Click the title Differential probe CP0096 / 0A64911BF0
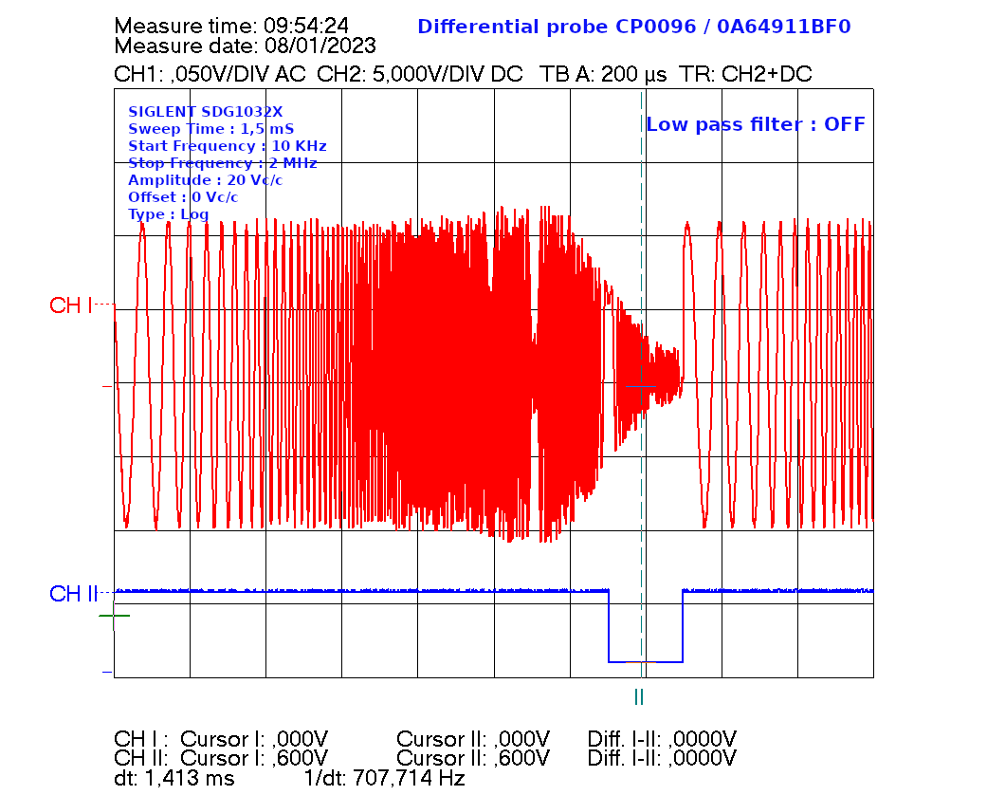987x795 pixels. [633, 27]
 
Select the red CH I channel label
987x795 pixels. [71, 305]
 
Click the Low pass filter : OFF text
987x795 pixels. [755, 124]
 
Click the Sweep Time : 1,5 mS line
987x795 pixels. [210, 128]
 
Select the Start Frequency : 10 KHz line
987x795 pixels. [227, 145]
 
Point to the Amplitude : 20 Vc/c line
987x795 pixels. [205, 179]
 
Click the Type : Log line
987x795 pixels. [168, 213]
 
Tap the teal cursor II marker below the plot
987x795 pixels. [639, 697]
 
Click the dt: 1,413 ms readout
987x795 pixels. [174, 778]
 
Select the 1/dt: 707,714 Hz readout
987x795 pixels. [384, 778]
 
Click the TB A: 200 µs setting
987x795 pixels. [603, 74]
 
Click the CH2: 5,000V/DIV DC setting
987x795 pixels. [419, 74]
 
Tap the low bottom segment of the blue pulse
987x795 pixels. [646, 661]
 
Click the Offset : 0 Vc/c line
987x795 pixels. [183, 196]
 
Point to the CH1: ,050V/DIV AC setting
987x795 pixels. [210, 74]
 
